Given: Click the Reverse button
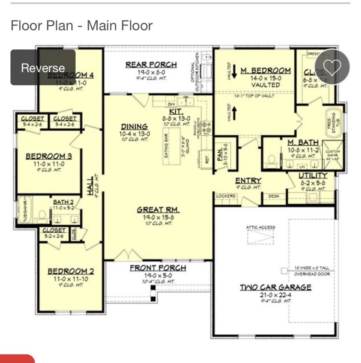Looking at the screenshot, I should tap(43, 68).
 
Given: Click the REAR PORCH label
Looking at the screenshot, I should tap(151, 65).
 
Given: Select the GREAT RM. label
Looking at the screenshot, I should tap(158, 210).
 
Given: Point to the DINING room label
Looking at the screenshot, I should tap(134, 127).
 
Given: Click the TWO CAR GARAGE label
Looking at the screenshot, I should tap(275, 287).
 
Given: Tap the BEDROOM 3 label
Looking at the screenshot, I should tap(49, 156).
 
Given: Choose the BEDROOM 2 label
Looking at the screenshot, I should tap(71, 271).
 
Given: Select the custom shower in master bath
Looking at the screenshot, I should tap(333, 155).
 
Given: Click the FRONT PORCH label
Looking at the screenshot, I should tap(158, 268).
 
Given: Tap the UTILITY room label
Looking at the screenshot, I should tap(313, 175).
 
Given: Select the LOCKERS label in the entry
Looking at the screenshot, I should tap(226, 196).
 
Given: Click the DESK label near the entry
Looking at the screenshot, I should tap(274, 196).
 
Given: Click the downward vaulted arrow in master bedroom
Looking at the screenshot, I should tap(235, 71).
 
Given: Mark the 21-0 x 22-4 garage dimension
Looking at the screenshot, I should tap(275, 295).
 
